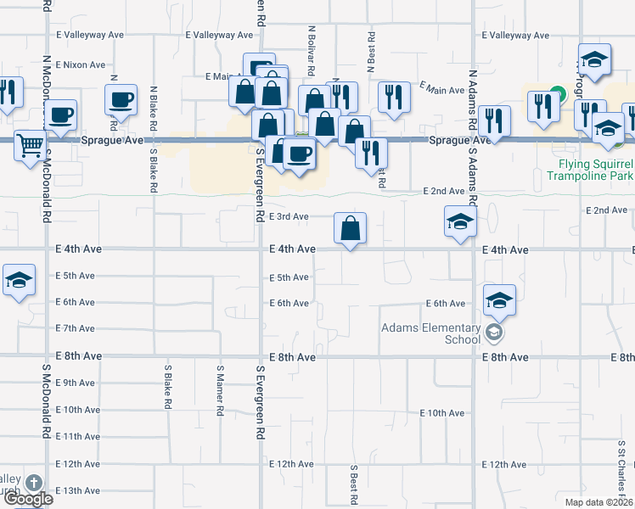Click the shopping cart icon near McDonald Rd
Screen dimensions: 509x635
tap(30, 146)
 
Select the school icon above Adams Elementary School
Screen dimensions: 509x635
tap(499, 299)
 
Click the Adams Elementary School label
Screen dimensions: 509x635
tap(431, 333)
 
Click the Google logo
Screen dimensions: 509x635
tap(28, 499)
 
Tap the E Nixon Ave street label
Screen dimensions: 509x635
tap(81, 64)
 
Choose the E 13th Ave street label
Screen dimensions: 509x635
tap(78, 491)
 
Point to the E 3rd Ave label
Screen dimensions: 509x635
tap(289, 216)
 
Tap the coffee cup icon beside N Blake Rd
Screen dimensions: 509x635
tap(121, 98)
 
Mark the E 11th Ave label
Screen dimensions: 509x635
tap(78, 437)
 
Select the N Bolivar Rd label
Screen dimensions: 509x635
tap(312, 48)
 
